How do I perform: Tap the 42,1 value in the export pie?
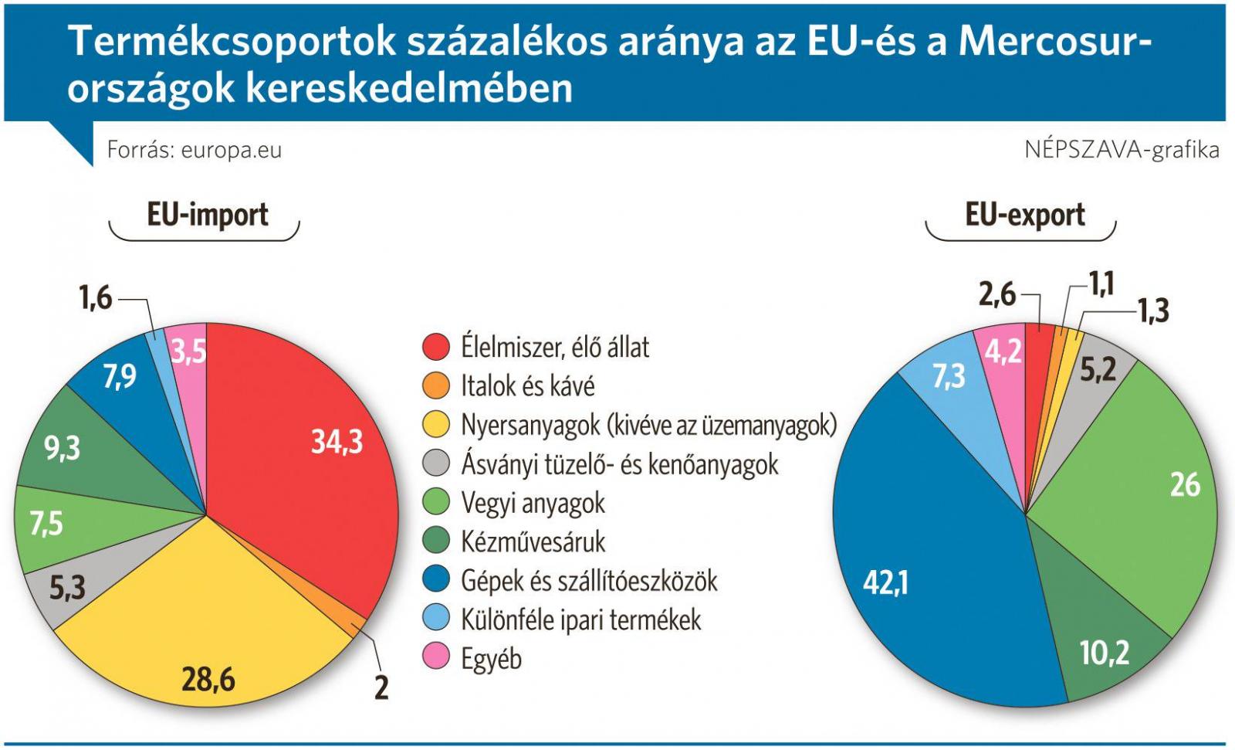coord(885,582)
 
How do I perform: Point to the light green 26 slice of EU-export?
coord(1142,494)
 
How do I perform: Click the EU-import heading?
coord(207,214)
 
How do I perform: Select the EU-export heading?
coord(1024,214)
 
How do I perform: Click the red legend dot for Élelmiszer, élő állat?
coord(436,347)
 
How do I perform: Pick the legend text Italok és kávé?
coord(527,385)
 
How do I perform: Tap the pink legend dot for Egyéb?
coord(436,657)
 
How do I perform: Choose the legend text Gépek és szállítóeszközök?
coord(589,580)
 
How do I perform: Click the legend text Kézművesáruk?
coord(533,541)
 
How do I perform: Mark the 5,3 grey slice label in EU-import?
coord(67,589)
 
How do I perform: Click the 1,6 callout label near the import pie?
coord(96,297)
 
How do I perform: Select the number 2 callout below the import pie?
coord(381,687)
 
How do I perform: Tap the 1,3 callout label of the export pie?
coord(1153,311)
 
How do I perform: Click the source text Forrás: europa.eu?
coord(194,149)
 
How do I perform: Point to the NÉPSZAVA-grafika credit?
coord(1121,149)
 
